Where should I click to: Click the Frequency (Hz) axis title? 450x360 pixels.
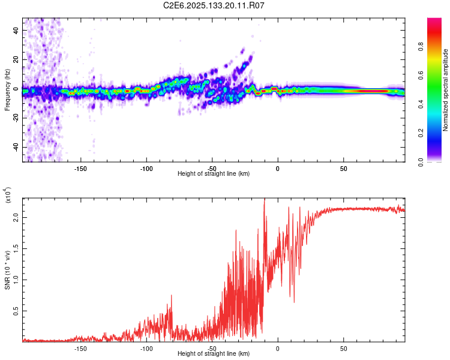[x=8, y=90]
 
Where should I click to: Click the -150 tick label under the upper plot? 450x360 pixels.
[x=81, y=168]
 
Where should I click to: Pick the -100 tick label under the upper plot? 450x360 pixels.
[x=146, y=168]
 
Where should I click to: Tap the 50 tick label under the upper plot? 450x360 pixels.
[x=343, y=168]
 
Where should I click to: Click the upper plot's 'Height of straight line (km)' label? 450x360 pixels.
[x=214, y=174]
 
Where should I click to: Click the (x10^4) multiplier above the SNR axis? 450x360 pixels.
[x=8, y=196]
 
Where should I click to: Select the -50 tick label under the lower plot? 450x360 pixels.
[x=212, y=348]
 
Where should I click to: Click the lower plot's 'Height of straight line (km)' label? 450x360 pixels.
[x=214, y=354]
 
